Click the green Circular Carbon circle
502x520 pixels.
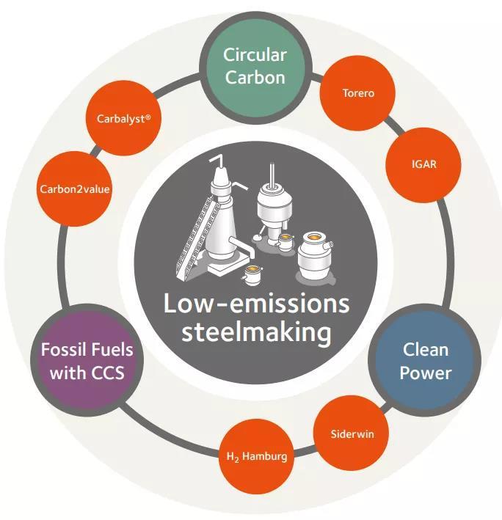pyautogui.click(x=254, y=65)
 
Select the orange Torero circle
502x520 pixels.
pyautogui.click(x=358, y=94)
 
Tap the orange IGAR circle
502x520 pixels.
pyautogui.click(x=423, y=164)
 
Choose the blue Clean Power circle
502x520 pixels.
pyautogui.click(x=426, y=361)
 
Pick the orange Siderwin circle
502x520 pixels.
pyautogui.click(x=352, y=433)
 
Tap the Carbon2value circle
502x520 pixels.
pyautogui.click(x=75, y=189)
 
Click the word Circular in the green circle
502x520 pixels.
pyautogui.click(x=255, y=55)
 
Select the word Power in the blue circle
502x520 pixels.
pyautogui.click(x=426, y=373)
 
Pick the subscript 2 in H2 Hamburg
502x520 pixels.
pyautogui.click(x=237, y=460)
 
